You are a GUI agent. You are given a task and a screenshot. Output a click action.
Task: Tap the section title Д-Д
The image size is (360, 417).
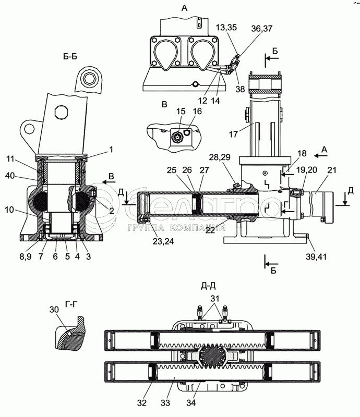coord(208,286)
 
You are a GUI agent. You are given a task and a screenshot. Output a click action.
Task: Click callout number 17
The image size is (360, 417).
coord(233,134)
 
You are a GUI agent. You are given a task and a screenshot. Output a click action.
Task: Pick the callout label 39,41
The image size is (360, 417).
coord(316,257)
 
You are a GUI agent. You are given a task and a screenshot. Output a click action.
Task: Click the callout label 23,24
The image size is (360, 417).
coord(162,241)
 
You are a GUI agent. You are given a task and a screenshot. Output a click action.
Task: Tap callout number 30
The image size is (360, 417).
coord(54,309)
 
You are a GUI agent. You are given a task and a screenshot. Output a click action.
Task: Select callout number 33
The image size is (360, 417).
coord(165,403)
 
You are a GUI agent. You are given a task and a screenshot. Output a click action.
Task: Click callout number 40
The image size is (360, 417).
coord(10,175)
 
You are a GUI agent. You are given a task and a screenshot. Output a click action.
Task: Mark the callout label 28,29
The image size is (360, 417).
coord(220,157)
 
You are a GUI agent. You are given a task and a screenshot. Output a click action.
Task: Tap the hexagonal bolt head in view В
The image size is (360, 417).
coord(176,137)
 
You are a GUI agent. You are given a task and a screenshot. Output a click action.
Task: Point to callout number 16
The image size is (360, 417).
coord(197,111)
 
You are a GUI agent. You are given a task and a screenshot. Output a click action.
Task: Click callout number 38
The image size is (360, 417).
coord(240,89)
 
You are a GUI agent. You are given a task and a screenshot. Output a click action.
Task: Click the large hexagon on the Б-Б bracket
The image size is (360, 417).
coord(62,113)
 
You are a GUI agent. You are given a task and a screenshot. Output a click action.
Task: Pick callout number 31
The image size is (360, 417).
coord(215,298)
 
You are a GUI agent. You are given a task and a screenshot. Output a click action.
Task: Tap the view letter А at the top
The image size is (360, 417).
coord(184,8)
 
